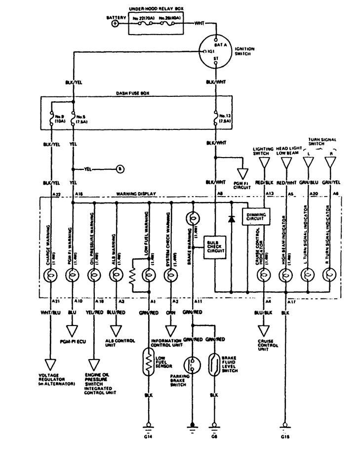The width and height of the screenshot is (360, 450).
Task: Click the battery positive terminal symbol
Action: (116, 23)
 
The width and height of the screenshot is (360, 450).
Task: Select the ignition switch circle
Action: (216, 51)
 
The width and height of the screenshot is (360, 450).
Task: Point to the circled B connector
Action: (120, 169)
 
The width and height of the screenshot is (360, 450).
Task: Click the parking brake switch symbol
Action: (193, 365)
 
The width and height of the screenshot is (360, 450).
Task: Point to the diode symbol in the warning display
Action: (231, 218)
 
